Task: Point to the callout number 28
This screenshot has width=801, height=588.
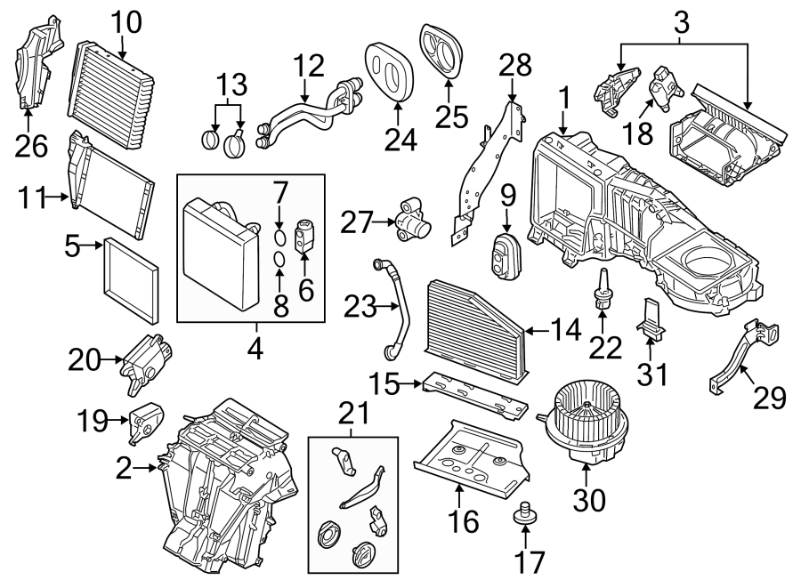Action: coord(514,65)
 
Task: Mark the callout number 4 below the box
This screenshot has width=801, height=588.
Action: coord(255,350)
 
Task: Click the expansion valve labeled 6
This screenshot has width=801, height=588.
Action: coord(304,230)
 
